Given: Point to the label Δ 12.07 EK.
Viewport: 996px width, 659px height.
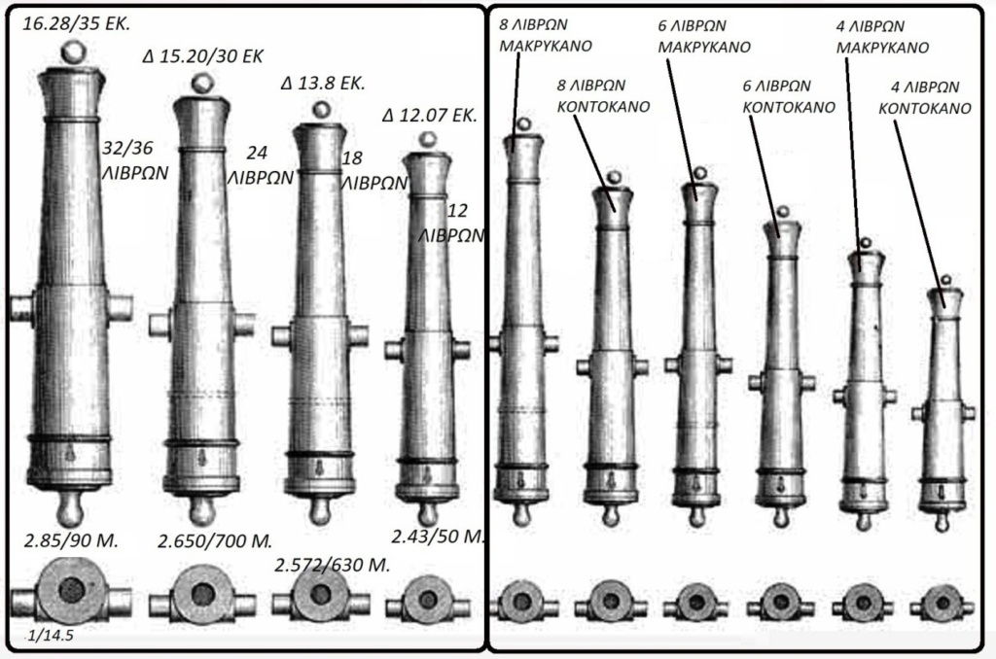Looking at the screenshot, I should [430, 116].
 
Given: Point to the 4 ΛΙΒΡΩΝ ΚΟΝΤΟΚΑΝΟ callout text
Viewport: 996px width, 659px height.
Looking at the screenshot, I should [924, 98].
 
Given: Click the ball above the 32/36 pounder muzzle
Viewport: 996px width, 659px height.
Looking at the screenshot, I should [70, 52].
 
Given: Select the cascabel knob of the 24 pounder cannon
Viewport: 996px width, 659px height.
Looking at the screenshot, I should [201, 509].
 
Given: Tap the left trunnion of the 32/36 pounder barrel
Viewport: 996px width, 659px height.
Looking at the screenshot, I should [20, 308].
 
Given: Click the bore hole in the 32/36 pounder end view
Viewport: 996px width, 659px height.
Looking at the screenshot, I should [70, 590].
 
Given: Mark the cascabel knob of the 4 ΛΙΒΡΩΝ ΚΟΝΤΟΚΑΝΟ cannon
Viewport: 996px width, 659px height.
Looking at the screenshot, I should [942, 522].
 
